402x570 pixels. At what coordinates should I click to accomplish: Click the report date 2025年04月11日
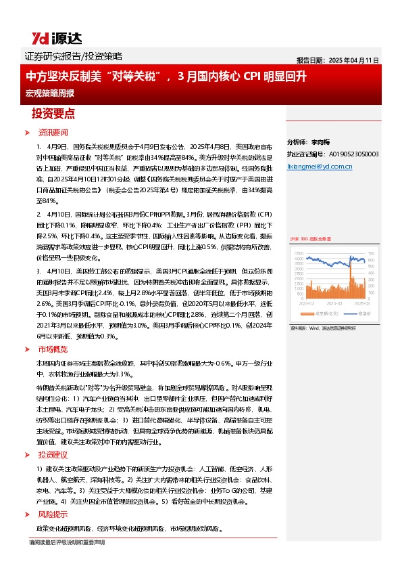click(x=338, y=60)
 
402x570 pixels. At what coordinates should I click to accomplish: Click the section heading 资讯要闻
click(x=53, y=132)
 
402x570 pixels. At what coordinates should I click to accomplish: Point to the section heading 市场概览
click(x=52, y=350)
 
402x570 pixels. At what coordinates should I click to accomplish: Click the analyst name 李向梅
click(x=320, y=143)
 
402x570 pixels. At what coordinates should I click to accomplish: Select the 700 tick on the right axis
click(x=381, y=253)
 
